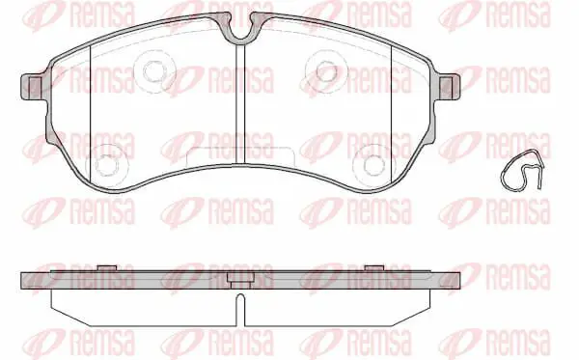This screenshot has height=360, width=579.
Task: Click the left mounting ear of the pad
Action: pyautogui.click(x=31, y=87)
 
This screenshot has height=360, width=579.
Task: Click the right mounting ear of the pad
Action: pyautogui.click(x=450, y=87)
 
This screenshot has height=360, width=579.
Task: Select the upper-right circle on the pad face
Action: pyautogui.click(x=326, y=70)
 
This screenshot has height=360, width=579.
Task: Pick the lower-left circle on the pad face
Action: pyautogui.click(x=106, y=165)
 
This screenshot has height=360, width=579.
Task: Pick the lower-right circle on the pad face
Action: pyautogui.click(x=373, y=165)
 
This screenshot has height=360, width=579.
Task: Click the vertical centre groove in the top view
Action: pyautogui.click(x=240, y=104)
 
